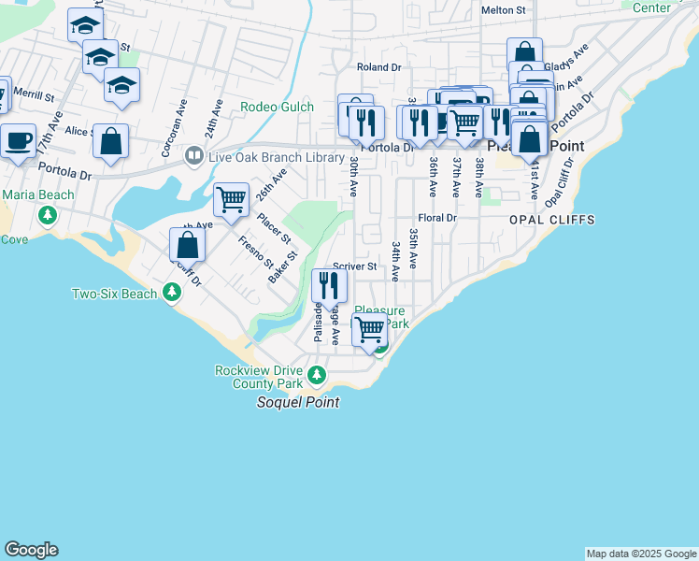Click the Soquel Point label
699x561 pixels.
point(297,402)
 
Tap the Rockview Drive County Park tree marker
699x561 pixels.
point(318,376)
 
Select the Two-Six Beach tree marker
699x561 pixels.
point(171,294)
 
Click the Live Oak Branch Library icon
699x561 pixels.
point(194,155)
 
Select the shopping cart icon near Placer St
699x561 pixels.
point(231,199)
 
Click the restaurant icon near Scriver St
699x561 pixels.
point(328,285)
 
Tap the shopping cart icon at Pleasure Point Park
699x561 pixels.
point(370,330)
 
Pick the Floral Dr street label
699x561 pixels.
point(436,218)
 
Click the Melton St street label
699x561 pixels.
point(504,10)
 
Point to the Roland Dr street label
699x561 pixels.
point(378,67)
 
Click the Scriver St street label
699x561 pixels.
point(356,266)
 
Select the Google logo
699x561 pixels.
point(31,550)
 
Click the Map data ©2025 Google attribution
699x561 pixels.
point(641,554)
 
